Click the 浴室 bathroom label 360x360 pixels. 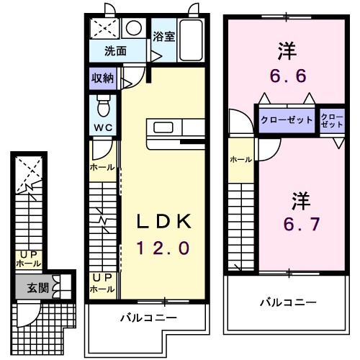pos(163,36)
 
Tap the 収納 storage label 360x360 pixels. pos(102,78)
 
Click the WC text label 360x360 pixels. pos(102,129)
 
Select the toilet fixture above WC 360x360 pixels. pos(103,108)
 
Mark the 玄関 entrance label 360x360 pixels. pos(37,288)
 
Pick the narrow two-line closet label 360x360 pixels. pos(332,120)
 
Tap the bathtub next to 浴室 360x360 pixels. pos(191,40)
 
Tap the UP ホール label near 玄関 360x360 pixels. pos(29,259)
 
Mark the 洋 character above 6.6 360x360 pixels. pos(288,50)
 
